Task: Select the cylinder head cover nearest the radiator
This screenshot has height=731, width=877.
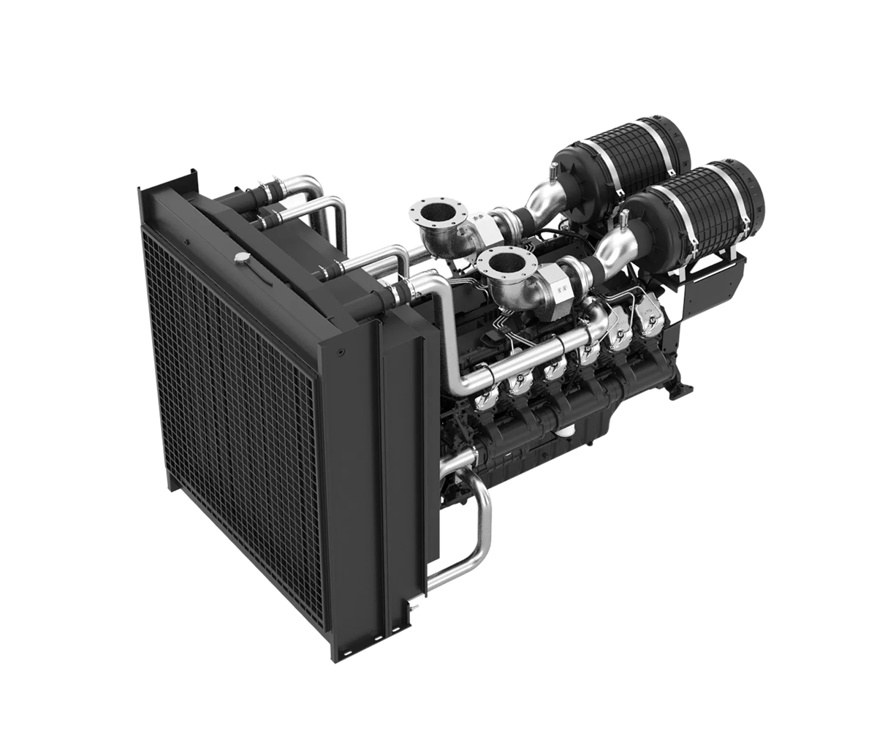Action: click(485, 398)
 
